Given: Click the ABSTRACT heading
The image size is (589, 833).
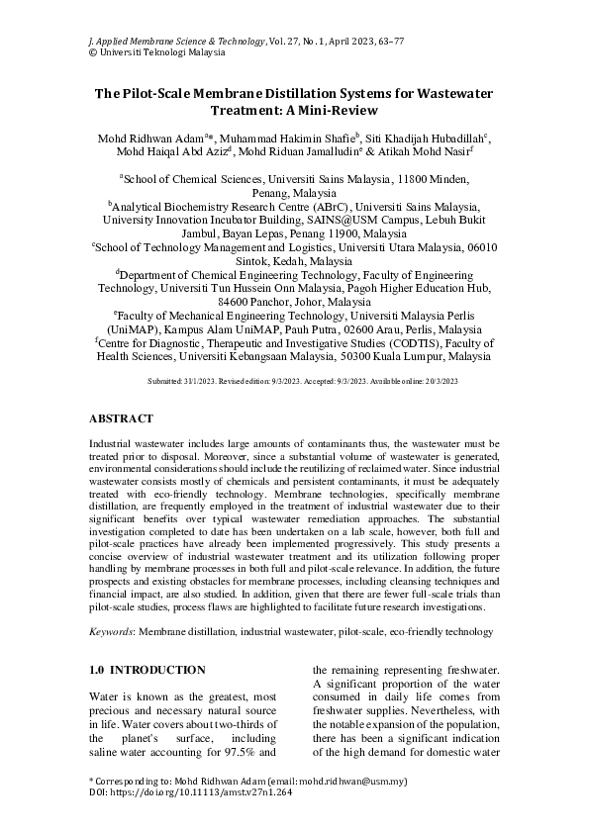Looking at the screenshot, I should click(x=121, y=419).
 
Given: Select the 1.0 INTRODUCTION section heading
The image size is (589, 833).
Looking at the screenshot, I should click(x=147, y=671).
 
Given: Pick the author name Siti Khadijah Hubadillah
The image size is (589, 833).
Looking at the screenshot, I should click(x=436, y=137).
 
